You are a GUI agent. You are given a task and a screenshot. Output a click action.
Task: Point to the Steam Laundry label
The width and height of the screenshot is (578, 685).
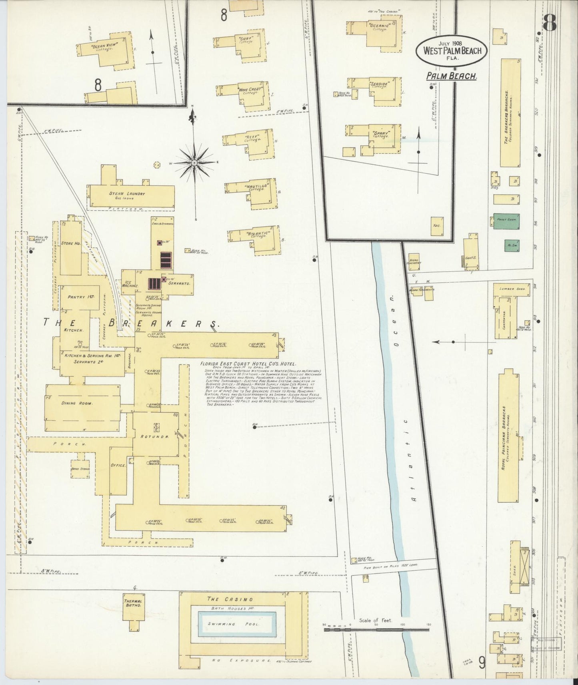127,194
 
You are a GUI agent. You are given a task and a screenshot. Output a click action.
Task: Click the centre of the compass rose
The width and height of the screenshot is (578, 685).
194,163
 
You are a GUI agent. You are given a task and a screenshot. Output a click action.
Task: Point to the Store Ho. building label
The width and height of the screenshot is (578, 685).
71,243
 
